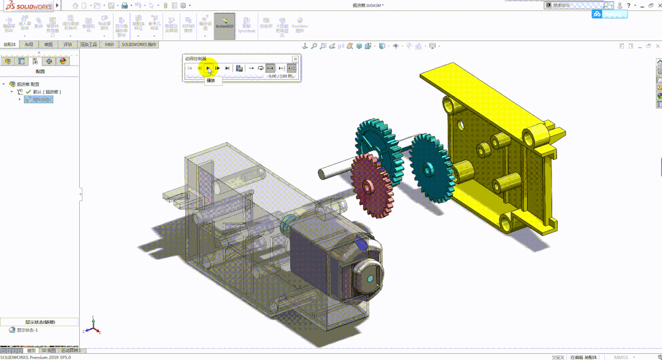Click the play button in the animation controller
(208, 68)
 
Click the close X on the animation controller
(295, 59)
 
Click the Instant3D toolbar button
(225, 26)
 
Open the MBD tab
(109, 45)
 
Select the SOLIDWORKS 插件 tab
(139, 45)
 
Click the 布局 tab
(29, 45)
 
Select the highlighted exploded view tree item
(38, 99)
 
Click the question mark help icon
(628, 5)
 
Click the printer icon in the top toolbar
(125, 6)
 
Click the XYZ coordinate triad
(92, 326)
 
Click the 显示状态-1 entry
(27, 330)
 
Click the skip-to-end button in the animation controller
(228, 68)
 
